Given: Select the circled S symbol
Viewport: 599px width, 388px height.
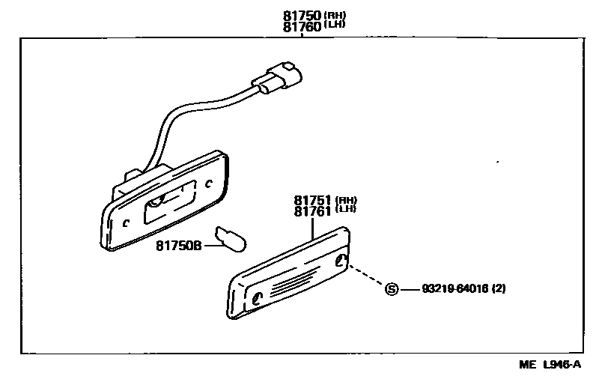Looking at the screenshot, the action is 390,289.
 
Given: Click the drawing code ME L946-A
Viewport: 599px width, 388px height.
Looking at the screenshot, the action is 550,365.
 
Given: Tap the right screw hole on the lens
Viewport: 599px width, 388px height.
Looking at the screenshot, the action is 342,261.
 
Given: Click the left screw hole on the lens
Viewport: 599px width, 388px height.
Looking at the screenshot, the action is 257,297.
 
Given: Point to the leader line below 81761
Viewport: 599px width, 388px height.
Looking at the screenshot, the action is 312,228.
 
